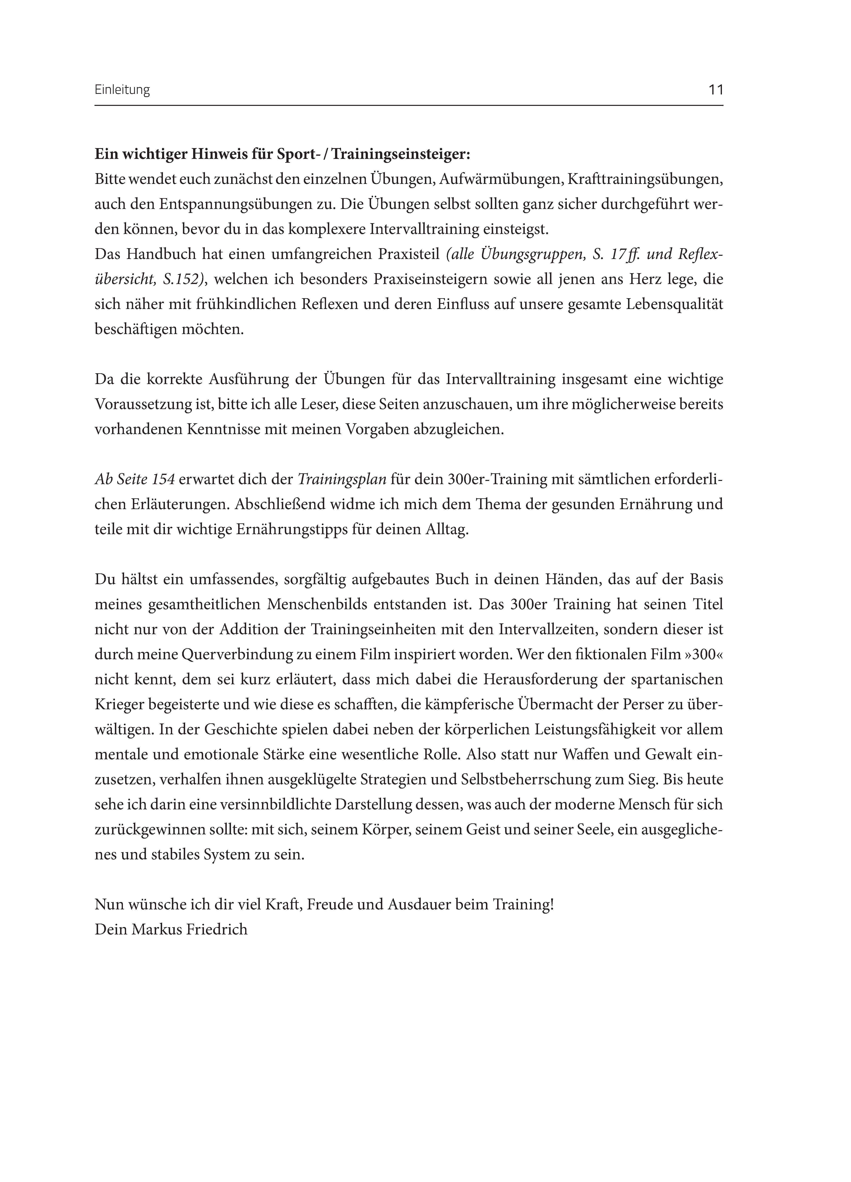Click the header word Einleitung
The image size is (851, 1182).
click(x=122, y=90)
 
